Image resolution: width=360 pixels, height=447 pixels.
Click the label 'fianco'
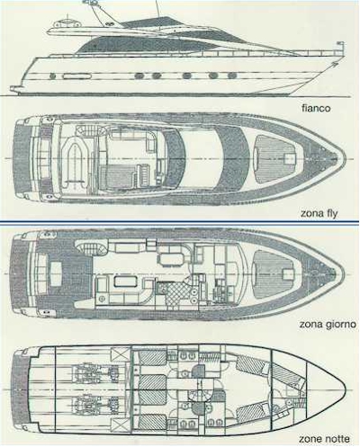click(316, 108)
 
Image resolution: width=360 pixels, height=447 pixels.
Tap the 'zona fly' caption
click(319, 213)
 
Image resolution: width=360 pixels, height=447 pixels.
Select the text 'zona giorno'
click(328, 324)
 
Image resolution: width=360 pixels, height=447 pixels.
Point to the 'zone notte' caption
click(324, 439)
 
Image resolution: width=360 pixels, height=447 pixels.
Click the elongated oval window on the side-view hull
click(76, 76)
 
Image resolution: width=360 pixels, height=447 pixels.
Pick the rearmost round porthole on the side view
click(53, 76)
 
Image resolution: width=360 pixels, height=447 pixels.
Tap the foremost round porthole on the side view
click(232, 76)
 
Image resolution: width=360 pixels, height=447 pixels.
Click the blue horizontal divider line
click(179, 222)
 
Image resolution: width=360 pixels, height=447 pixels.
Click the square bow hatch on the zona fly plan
click(290, 158)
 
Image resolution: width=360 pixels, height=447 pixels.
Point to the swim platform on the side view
click(16, 89)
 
